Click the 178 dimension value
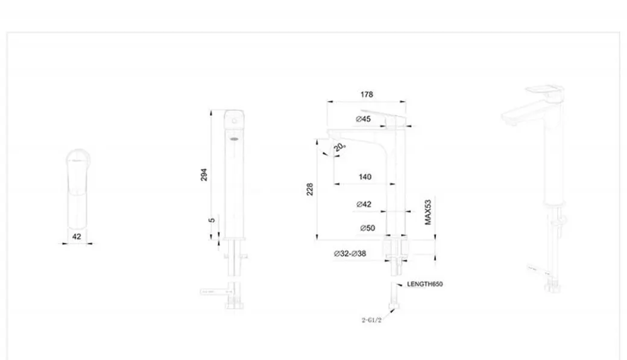coord(367,95)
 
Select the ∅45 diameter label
coord(363,119)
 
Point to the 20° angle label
coord(341,147)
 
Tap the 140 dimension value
coord(365,177)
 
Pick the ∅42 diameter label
coord(364,204)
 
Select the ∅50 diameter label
coord(367,228)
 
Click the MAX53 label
coord(428,212)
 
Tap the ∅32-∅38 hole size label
coord(350,254)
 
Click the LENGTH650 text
coord(425,284)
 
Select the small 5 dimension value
coord(212,220)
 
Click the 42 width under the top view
coord(77,237)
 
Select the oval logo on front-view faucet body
coord(233,140)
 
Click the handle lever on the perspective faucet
coord(546,91)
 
